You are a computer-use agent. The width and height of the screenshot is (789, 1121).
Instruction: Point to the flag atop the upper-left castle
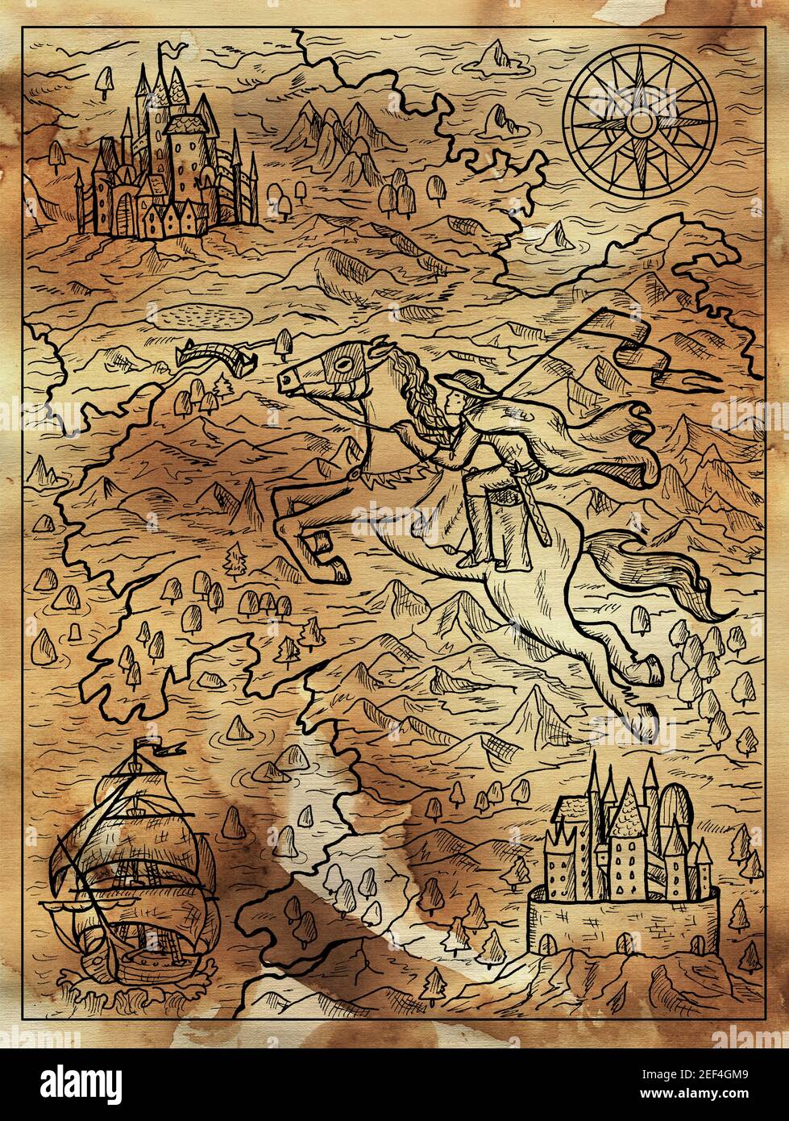tap(169, 52)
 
